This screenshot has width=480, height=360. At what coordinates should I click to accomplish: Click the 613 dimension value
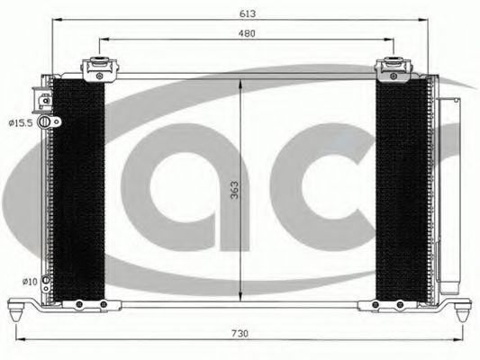coord(248,13)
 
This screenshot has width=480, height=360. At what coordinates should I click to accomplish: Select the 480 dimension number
coord(247,33)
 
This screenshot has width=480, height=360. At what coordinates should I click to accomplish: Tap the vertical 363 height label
coord(234,190)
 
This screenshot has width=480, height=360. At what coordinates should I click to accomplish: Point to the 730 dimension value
coord(240,334)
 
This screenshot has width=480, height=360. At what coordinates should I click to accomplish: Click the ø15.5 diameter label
coord(21,123)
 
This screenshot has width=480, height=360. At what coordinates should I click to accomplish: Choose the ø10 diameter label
coord(30,282)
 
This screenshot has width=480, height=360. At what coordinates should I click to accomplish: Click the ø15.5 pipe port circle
coord(44,121)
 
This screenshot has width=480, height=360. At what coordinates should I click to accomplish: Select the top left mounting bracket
coord(99,69)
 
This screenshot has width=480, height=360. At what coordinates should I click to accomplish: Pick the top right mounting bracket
coord(393,69)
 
